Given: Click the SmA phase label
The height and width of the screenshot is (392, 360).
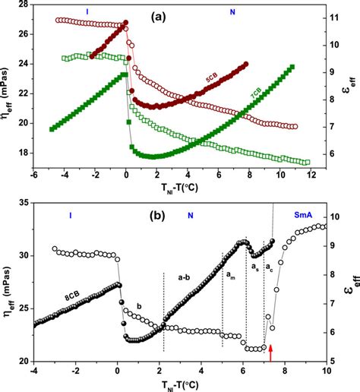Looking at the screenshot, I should click(x=312, y=217).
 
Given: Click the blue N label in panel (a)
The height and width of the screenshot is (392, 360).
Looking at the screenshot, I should click(x=232, y=13).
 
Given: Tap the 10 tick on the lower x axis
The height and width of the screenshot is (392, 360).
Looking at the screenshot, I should click(x=327, y=371).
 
